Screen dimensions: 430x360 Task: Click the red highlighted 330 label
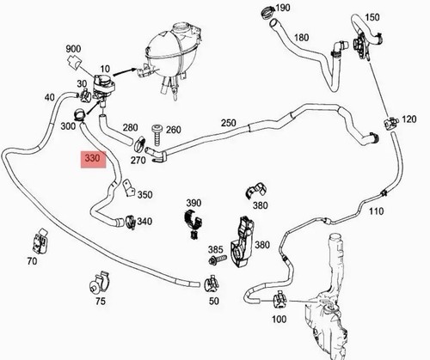click(x=93, y=159)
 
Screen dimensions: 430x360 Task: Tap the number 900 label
click(x=73, y=49)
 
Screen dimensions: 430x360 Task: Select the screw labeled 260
click(x=157, y=135)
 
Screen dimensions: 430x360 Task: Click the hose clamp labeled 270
click(x=139, y=144)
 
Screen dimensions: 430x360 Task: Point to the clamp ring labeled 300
click(x=79, y=114)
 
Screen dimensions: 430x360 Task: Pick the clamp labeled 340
click(x=131, y=222)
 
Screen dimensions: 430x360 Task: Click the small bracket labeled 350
click(x=128, y=188)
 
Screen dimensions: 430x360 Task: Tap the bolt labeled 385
click(x=217, y=260)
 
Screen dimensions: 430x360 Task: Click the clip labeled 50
click(x=212, y=284)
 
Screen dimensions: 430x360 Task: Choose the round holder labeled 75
click(x=100, y=283)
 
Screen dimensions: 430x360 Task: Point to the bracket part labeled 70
click(x=40, y=241)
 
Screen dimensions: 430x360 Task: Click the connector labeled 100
click(x=279, y=300)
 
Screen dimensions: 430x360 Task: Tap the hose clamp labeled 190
click(x=267, y=12)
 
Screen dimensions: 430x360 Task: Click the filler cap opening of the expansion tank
click(x=181, y=27)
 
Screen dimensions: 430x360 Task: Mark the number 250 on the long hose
click(x=229, y=123)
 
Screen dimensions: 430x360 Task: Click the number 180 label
click(x=301, y=38)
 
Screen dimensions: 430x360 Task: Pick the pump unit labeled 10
click(x=104, y=86)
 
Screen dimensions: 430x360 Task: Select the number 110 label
click(x=376, y=211)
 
